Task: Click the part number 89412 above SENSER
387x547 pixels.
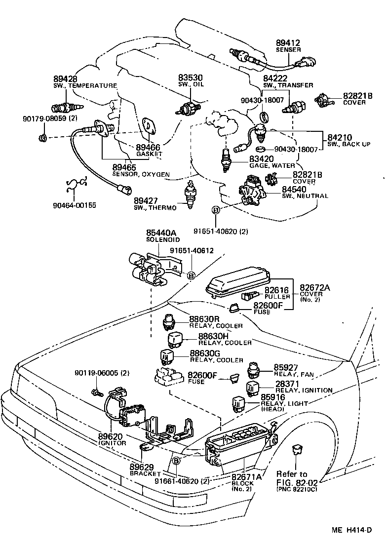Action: [x=288, y=43]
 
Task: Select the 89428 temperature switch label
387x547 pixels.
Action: [x=65, y=79]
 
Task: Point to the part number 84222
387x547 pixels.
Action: [x=274, y=78]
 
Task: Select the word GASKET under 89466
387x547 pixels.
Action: [x=149, y=154]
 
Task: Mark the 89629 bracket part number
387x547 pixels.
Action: [x=143, y=467]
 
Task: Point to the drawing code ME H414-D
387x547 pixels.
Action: [x=351, y=530]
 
